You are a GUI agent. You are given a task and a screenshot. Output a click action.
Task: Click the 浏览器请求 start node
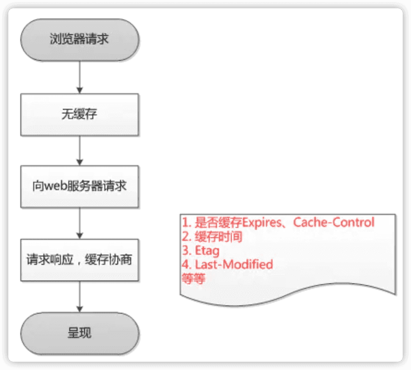click(79, 39)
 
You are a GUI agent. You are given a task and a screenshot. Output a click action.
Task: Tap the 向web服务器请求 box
click(79, 186)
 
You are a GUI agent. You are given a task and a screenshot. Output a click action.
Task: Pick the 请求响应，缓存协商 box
click(79, 259)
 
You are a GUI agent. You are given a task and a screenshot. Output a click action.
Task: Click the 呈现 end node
click(79, 333)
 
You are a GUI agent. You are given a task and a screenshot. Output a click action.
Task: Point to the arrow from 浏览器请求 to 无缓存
click(80, 77)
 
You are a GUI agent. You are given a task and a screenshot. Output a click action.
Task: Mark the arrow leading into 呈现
click(80, 296)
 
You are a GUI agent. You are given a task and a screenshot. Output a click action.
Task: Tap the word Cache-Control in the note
click(334, 222)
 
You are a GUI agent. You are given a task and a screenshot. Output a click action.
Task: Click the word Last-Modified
click(234, 264)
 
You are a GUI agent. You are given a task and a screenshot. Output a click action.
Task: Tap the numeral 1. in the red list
click(187, 222)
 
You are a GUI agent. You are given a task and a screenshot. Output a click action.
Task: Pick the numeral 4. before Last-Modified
click(187, 264)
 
